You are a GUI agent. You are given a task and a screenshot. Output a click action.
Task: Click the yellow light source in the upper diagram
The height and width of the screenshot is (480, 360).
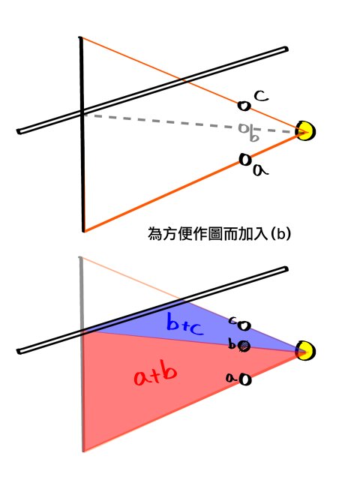click(x=305, y=131)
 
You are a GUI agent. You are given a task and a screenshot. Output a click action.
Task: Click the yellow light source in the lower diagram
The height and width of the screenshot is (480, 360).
click(x=305, y=350)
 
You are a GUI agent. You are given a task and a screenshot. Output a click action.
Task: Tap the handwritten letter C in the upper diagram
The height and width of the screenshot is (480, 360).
click(x=261, y=96)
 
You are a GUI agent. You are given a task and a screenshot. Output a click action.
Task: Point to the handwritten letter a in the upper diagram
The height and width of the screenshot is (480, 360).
click(x=260, y=170)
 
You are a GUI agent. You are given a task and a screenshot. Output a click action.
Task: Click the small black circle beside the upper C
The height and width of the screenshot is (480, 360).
click(x=244, y=106)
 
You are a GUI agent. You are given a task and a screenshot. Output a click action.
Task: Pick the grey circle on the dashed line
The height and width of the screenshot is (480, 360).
click(x=244, y=128)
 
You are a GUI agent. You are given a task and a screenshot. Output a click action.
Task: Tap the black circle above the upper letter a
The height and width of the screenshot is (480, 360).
click(x=245, y=160)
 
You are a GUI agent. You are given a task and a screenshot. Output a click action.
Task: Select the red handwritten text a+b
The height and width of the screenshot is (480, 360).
click(x=155, y=375)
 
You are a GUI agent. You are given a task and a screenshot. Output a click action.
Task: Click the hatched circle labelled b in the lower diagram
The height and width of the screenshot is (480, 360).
click(x=244, y=346)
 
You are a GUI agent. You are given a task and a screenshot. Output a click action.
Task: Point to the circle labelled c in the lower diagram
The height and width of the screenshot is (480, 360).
click(x=244, y=325)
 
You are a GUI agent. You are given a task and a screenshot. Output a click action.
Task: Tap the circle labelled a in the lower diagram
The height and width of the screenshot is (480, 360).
click(x=245, y=379)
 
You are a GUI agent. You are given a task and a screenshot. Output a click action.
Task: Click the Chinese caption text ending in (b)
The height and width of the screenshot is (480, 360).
click(x=219, y=234)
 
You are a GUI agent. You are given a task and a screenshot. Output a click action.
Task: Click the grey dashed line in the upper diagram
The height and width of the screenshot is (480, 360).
click(x=190, y=123)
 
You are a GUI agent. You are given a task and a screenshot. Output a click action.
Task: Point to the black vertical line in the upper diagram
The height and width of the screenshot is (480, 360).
click(x=82, y=134)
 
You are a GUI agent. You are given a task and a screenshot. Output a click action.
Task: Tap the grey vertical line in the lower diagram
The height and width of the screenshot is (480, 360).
click(x=82, y=354)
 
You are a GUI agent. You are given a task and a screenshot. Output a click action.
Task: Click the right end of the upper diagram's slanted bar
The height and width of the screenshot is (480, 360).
click(x=286, y=49)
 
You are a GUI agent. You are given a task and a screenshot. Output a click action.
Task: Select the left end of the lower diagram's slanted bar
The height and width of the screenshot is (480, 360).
click(x=19, y=351)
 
